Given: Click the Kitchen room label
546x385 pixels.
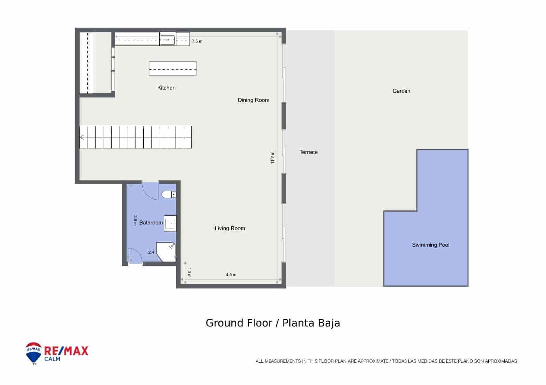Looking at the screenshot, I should click(x=167, y=88).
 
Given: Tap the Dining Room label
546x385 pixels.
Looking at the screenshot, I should click(x=254, y=100).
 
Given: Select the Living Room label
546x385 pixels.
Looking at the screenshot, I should click(x=230, y=228).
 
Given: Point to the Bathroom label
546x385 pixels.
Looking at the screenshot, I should click(x=151, y=223).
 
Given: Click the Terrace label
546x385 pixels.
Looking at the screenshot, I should click(x=308, y=152).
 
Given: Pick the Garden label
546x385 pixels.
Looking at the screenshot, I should click(x=401, y=91).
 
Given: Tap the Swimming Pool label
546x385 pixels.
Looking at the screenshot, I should click(x=431, y=245).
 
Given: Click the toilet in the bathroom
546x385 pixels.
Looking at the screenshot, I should click(x=169, y=195).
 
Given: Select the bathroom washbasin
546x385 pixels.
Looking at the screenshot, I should click(x=170, y=224).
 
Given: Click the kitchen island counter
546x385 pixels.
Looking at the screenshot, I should click(x=172, y=68).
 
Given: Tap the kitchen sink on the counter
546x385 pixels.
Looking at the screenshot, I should click(x=168, y=40).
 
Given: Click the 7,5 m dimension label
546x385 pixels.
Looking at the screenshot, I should click(x=197, y=41).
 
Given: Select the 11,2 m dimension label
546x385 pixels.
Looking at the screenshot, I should click(x=272, y=157).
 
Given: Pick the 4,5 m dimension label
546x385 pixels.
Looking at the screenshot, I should click(x=231, y=275).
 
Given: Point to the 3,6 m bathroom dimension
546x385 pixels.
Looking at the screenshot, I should click(x=135, y=220).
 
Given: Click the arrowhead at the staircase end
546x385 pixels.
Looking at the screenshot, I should click(x=82, y=137).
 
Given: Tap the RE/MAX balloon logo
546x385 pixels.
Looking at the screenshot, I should click(x=33, y=353).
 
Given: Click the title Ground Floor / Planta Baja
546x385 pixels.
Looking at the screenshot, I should click(x=273, y=323).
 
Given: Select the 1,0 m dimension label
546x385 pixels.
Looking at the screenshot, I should click(x=189, y=273).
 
